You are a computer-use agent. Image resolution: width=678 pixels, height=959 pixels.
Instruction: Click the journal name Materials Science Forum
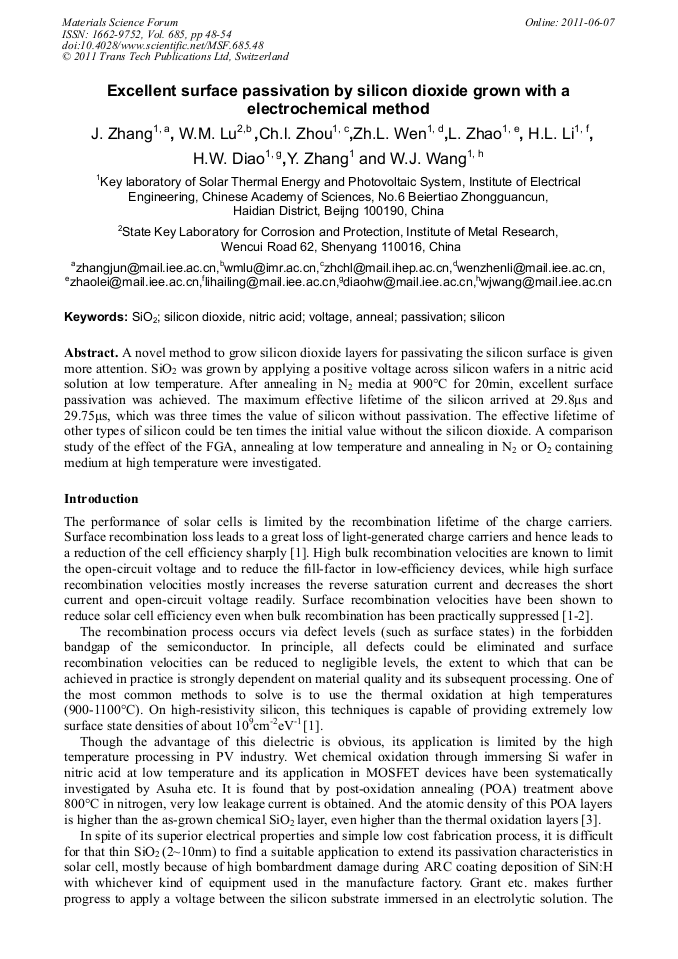(120, 22)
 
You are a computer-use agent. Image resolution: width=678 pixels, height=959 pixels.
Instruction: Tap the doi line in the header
(162, 45)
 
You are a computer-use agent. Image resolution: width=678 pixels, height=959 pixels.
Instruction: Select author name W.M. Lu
(216, 134)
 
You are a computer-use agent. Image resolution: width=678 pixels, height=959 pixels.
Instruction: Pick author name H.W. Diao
(226, 159)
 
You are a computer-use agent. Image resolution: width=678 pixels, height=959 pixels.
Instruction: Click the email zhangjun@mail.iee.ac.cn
(147, 267)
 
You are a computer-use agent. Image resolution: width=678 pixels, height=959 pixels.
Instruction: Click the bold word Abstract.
(91, 355)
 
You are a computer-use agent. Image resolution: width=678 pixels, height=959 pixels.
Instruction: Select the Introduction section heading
(101, 498)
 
